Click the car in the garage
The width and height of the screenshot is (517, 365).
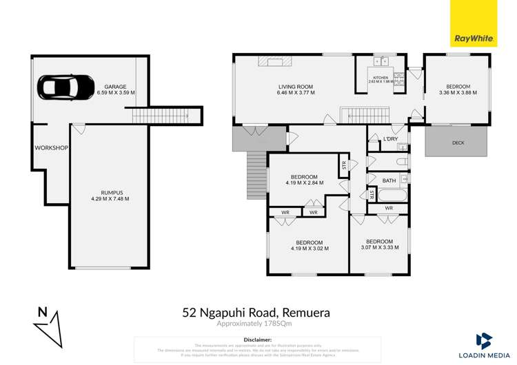point(66,87)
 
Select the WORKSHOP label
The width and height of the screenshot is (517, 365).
point(51,148)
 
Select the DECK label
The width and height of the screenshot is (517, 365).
point(458,143)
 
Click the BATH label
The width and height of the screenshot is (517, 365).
point(389,180)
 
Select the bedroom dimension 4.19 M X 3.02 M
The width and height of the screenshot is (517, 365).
point(309,249)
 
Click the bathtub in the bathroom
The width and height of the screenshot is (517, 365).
point(388,196)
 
